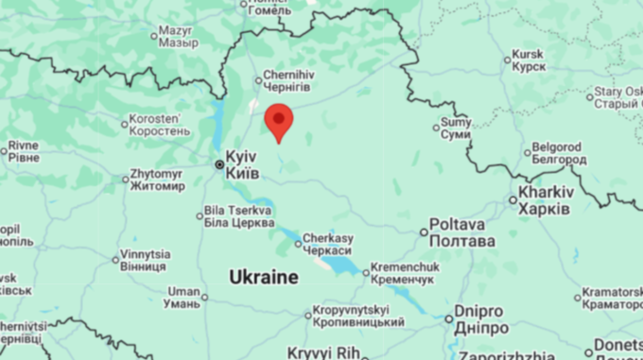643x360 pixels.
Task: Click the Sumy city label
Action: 457,129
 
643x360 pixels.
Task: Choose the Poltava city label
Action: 461,232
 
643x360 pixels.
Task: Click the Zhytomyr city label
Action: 157,180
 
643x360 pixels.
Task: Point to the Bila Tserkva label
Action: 239,215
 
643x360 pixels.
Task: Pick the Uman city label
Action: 182,297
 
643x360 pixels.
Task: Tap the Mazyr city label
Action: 178,37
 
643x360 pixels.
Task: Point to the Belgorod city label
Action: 558,153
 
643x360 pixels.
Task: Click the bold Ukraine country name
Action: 264,277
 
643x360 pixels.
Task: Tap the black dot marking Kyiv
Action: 219,164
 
